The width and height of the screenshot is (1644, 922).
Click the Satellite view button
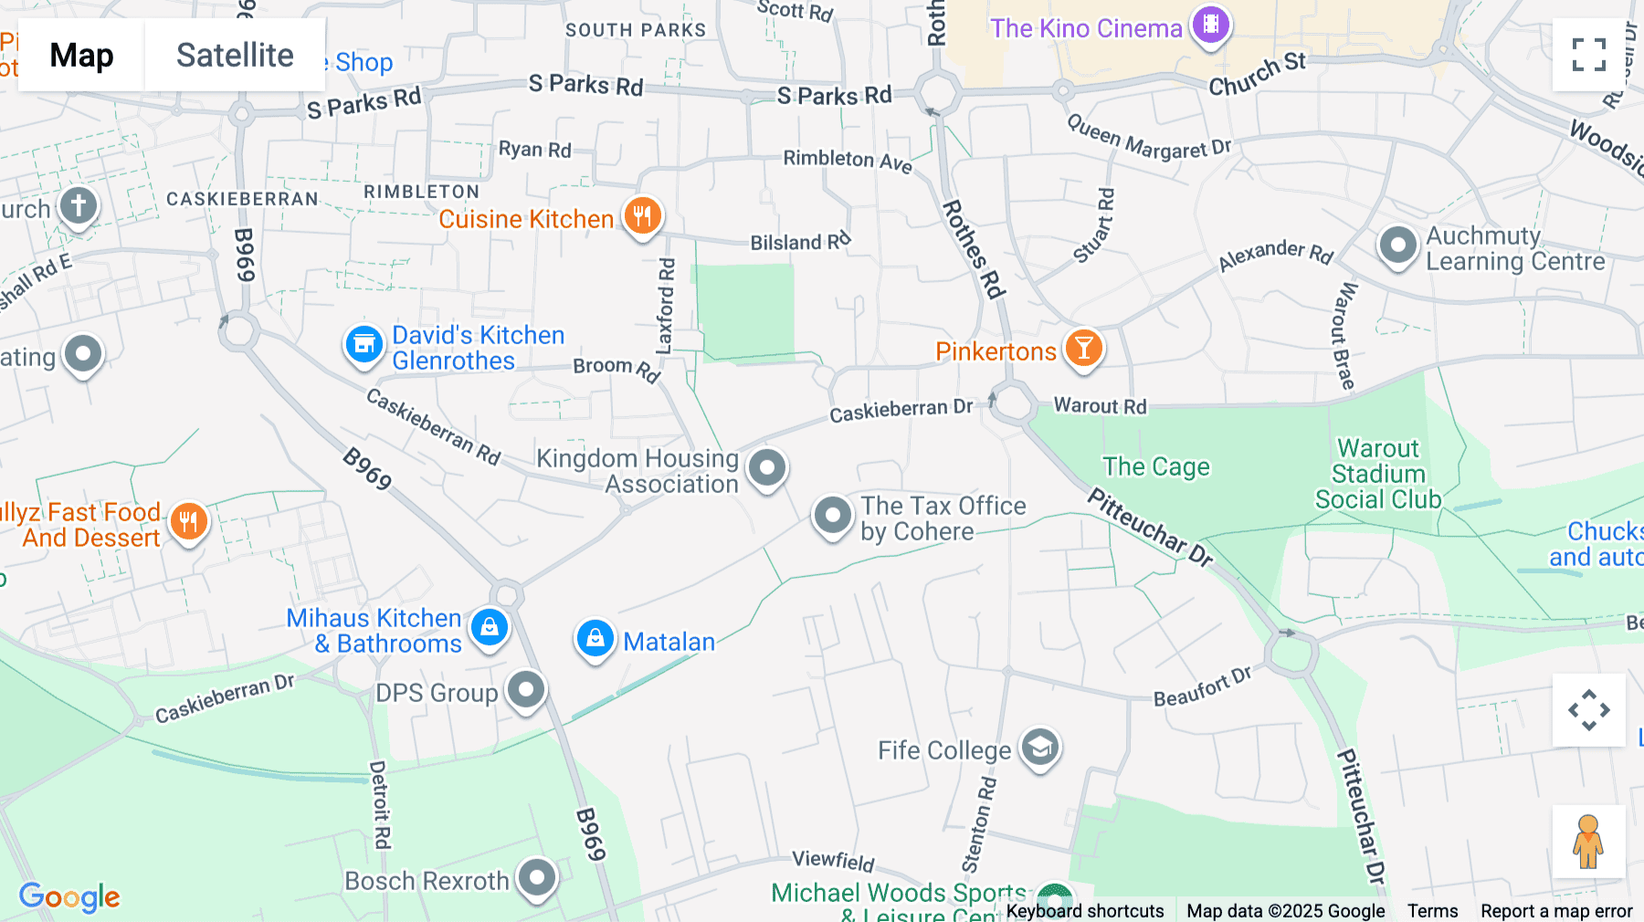(x=235, y=56)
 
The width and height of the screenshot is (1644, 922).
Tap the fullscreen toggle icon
(x=1588, y=55)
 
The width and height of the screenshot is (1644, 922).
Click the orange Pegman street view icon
(x=1588, y=842)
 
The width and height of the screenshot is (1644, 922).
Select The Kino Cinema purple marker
(x=1210, y=26)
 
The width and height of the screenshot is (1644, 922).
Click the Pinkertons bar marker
(x=1084, y=349)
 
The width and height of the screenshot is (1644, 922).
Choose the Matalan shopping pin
(x=595, y=639)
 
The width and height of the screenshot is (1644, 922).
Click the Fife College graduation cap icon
(x=1039, y=749)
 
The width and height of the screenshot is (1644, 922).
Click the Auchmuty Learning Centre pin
(x=1397, y=246)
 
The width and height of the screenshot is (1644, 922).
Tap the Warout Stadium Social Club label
(x=1378, y=474)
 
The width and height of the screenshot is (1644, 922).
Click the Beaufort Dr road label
(x=1202, y=686)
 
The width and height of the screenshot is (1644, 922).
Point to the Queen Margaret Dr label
(x=1148, y=138)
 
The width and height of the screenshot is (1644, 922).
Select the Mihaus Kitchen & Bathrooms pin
(x=490, y=628)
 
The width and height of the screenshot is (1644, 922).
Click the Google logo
(x=69, y=896)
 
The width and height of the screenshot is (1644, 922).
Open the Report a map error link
(x=1556, y=910)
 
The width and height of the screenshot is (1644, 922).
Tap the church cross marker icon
(x=79, y=206)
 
